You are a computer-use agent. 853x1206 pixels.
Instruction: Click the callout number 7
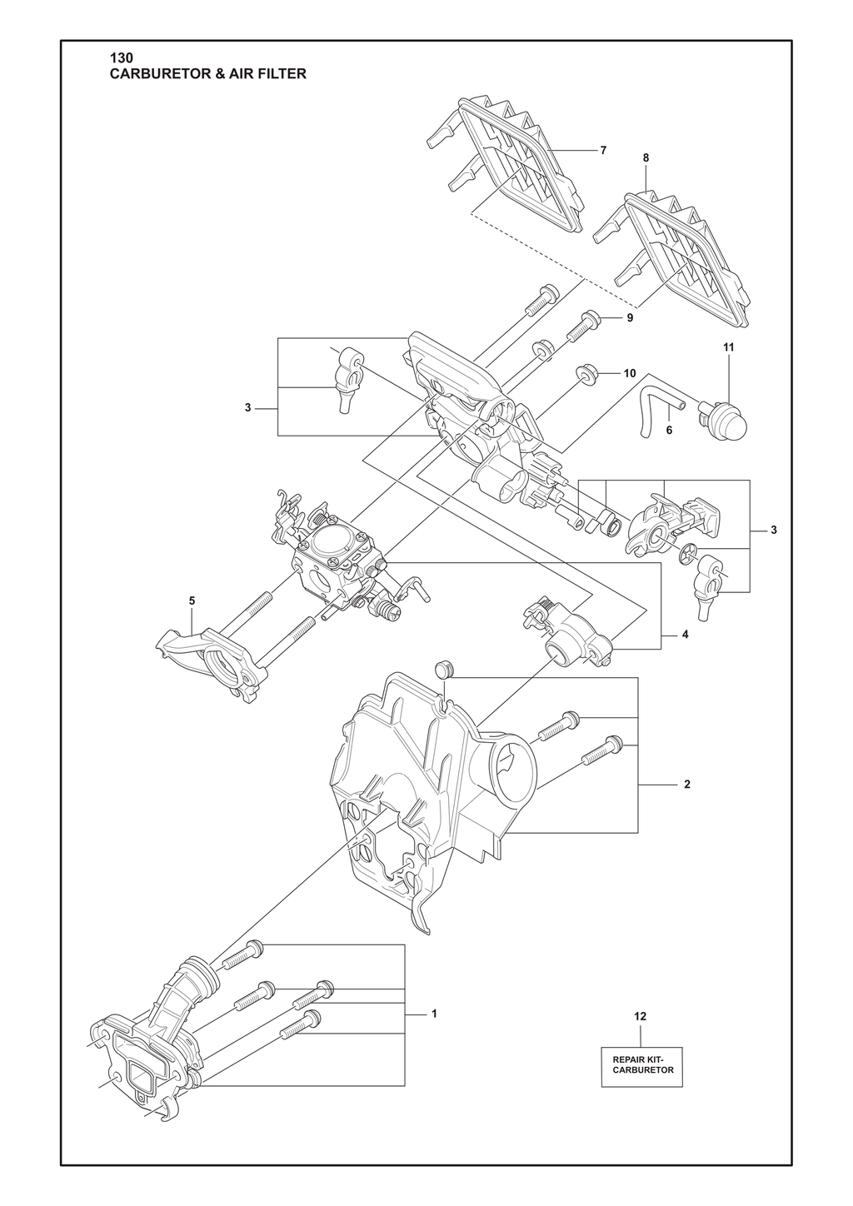pos(603,150)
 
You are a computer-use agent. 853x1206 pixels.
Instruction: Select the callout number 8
pos(646,157)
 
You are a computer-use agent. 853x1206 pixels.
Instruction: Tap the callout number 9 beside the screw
pos(630,317)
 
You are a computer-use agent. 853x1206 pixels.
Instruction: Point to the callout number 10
pos(630,373)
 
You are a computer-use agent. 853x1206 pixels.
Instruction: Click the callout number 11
pos(728,348)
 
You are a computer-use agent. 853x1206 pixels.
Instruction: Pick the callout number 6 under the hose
pos(670,430)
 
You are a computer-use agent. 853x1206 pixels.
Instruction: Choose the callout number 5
pos(192,601)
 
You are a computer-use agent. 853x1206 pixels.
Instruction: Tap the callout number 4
pos(685,635)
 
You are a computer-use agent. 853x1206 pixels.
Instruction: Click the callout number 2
pos(686,785)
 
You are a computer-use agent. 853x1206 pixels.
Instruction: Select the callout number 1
pos(434,1014)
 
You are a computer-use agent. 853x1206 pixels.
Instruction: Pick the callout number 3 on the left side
pos(247,408)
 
